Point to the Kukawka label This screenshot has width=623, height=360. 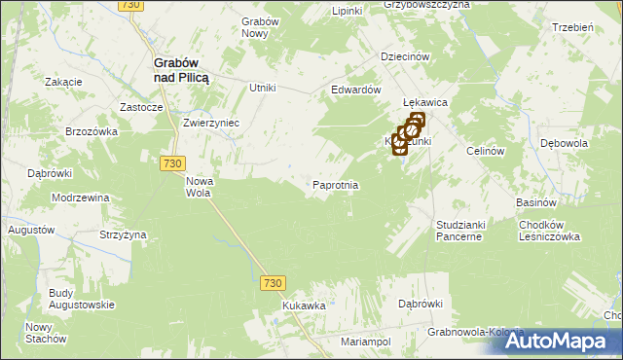click(304, 306)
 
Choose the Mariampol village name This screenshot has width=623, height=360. click(365, 342)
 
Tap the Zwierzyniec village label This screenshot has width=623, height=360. click(211, 124)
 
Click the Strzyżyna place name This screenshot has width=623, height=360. click(123, 234)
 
